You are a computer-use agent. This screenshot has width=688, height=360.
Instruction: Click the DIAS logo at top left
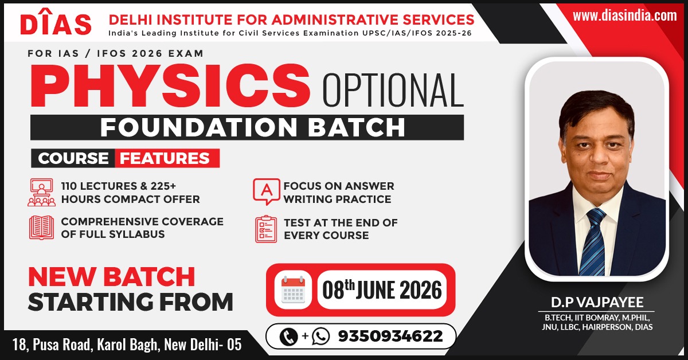(x=56, y=22)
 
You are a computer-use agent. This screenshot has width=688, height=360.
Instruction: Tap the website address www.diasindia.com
(x=625, y=15)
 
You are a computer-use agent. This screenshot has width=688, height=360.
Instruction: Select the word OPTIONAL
(x=393, y=89)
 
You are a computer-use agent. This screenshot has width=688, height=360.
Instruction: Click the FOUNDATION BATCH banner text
(x=253, y=127)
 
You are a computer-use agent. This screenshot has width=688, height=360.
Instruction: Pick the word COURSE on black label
(x=73, y=158)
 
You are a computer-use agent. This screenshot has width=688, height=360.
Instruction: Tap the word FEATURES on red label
(x=165, y=158)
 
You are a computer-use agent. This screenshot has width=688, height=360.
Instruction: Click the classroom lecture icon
(x=41, y=192)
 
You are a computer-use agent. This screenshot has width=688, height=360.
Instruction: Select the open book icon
(x=41, y=228)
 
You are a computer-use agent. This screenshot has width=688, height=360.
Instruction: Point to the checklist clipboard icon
(x=266, y=229)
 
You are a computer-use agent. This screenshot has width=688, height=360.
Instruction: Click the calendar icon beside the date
(x=293, y=289)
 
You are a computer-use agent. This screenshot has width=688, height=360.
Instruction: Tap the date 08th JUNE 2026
(x=382, y=290)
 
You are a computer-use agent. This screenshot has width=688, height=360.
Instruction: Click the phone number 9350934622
(x=390, y=336)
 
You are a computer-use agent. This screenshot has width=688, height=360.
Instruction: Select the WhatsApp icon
(x=320, y=336)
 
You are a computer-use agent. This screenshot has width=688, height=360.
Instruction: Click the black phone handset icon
(x=289, y=336)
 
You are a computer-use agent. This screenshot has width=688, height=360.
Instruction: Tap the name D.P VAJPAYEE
(x=597, y=302)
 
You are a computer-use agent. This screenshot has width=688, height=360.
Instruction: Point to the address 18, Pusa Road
(x=52, y=345)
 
